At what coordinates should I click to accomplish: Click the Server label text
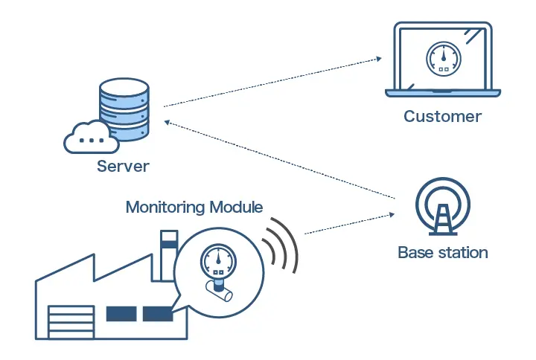tap(123, 165)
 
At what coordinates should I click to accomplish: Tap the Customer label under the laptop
tap(442, 116)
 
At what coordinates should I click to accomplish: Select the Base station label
tap(443, 252)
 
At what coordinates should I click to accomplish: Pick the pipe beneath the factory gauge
tap(220, 292)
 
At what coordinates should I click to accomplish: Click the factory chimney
tap(168, 253)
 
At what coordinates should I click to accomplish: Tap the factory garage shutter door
tap(70, 322)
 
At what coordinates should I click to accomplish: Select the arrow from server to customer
tap(272, 82)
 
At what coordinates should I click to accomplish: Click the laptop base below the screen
tap(442, 93)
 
